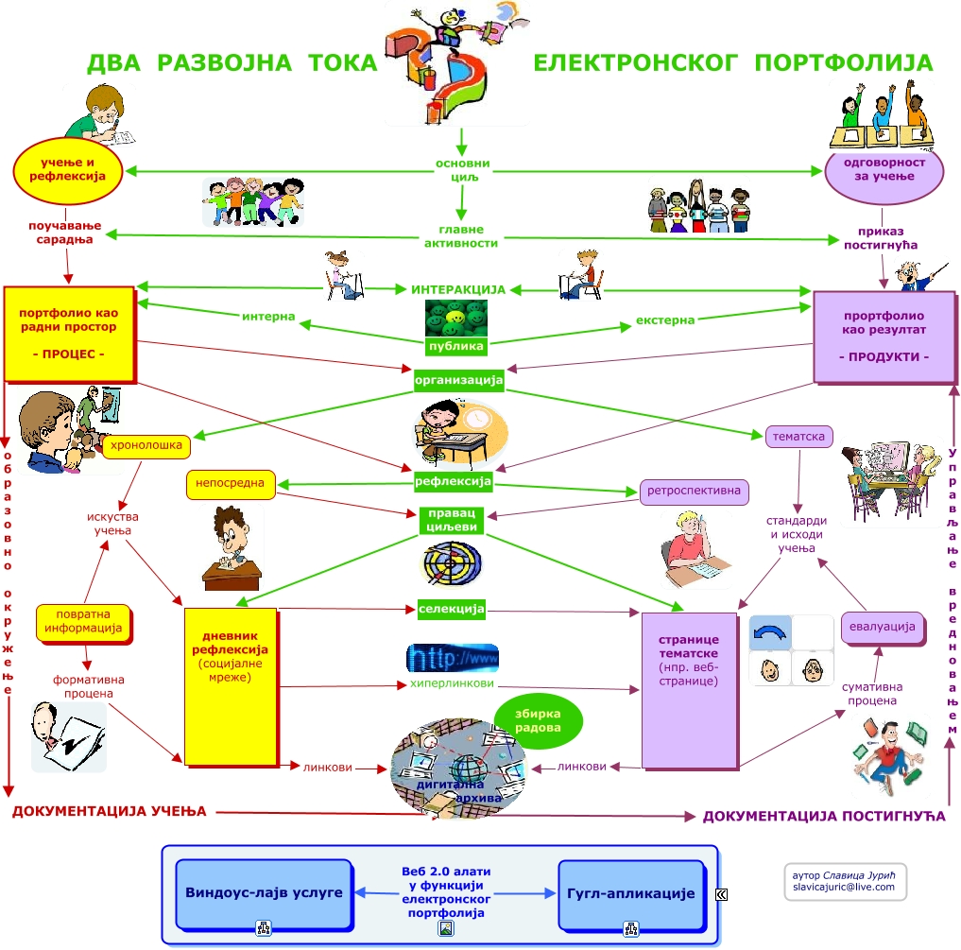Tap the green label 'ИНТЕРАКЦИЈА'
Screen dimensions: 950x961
(458, 289)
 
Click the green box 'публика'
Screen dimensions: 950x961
(456, 346)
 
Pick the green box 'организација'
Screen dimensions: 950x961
(458, 380)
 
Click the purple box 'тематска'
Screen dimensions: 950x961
(799, 437)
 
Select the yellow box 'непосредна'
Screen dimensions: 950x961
(231, 483)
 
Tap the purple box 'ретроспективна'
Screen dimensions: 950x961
(695, 492)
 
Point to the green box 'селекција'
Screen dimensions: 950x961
(452, 609)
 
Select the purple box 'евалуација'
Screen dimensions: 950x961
(882, 627)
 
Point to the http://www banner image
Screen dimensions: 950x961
(452, 657)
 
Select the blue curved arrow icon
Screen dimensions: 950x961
(769, 632)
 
